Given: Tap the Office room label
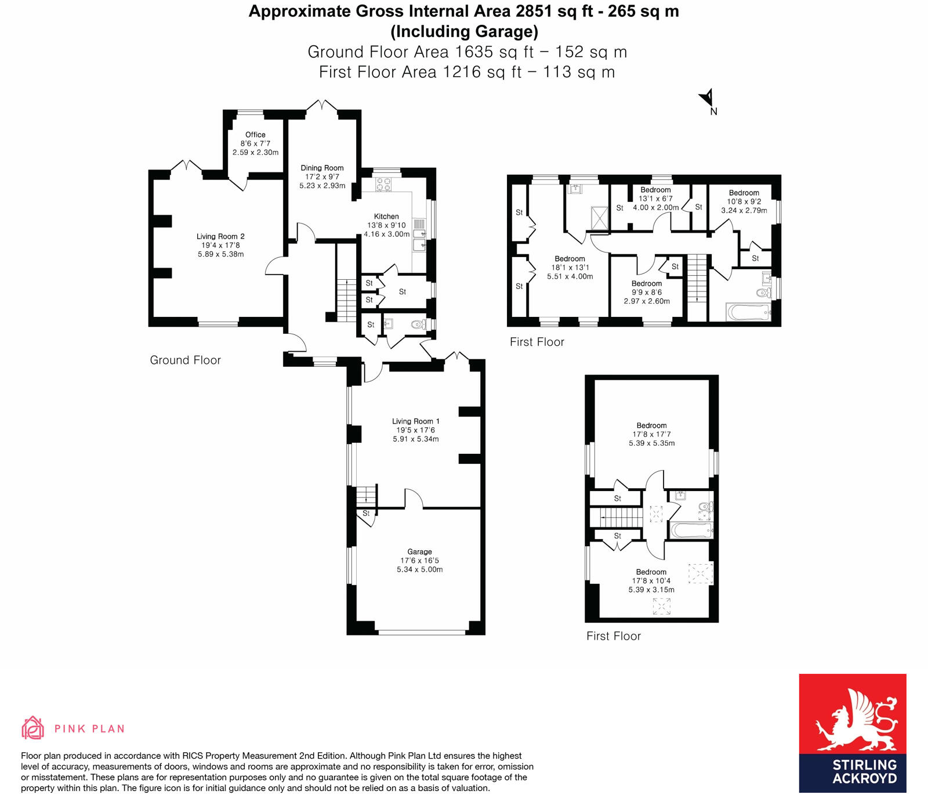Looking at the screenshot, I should [x=255, y=135].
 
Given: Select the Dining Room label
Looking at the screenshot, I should [x=322, y=168].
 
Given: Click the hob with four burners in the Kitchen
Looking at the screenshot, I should [x=383, y=185].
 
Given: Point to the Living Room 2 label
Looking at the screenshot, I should [x=220, y=236].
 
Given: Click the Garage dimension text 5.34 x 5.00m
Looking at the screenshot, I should [x=419, y=569].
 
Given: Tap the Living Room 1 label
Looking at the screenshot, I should [x=415, y=421].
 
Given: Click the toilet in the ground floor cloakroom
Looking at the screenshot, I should [x=418, y=325].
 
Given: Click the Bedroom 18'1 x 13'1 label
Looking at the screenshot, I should [x=570, y=259].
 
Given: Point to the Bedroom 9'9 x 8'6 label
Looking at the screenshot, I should [x=646, y=284].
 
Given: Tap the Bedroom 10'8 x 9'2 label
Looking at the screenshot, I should [x=744, y=193].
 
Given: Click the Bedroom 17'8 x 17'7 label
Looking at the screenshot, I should [x=651, y=425].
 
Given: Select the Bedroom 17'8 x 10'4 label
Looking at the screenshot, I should [x=651, y=572].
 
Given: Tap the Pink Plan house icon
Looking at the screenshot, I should [x=32, y=728].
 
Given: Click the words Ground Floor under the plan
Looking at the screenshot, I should [x=185, y=360].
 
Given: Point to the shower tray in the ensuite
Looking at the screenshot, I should [x=600, y=218].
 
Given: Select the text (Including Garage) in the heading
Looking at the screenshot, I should [x=464, y=31].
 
